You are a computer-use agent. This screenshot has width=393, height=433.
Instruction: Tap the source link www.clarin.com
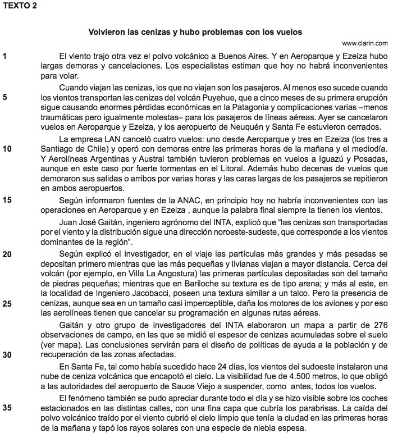364,43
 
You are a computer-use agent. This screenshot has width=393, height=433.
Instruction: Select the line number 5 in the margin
5,97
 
